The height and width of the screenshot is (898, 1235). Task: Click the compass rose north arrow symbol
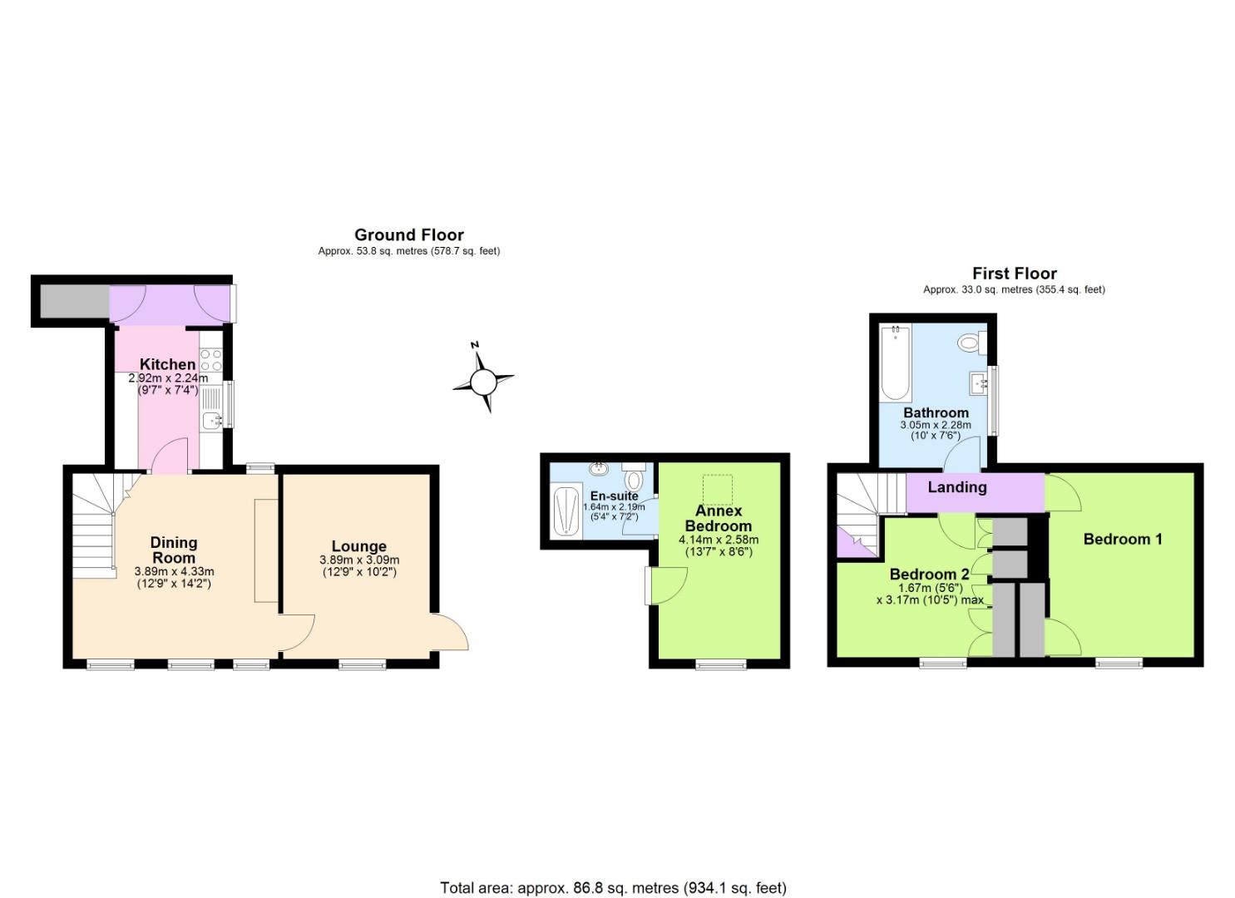click(483, 382)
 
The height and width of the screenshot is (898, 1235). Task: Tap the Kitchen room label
click(167, 364)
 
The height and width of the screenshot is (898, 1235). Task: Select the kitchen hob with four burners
click(211, 360)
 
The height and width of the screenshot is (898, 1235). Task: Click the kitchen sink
click(212, 420)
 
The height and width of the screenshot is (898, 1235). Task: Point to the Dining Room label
click(174, 550)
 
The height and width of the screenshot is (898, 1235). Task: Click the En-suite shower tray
click(566, 511)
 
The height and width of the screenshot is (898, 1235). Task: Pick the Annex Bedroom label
click(718, 518)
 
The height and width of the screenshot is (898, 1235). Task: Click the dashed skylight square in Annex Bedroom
click(718, 489)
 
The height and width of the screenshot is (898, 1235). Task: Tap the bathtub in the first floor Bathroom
click(896, 362)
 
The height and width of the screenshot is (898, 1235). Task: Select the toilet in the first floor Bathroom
click(971, 342)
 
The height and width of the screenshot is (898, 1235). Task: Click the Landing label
click(957, 487)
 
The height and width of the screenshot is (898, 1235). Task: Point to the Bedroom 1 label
click(1123, 539)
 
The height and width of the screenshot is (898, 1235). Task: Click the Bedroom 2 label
click(929, 574)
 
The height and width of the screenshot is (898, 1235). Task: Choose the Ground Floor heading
click(408, 234)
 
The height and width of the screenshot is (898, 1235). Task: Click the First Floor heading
click(1014, 273)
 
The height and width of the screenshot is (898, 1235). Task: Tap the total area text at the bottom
click(613, 887)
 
